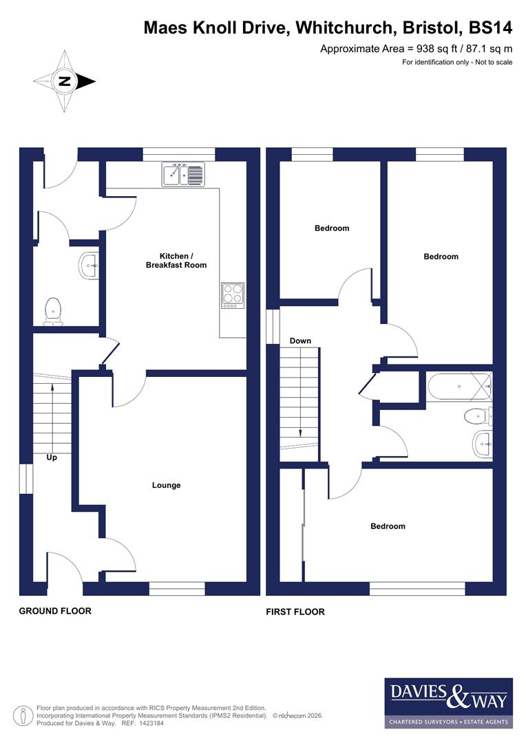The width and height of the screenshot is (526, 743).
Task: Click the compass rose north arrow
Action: pos(65,81)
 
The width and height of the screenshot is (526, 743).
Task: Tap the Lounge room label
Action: pos(166,485)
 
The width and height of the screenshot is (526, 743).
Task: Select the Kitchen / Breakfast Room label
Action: pos(176,260)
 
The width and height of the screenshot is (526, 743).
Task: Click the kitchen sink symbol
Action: pos(183,174)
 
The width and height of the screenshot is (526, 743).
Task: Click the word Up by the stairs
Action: pos(52,457)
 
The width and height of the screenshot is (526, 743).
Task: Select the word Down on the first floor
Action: pos(300,341)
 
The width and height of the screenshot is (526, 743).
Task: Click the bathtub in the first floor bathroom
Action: pos(459,387)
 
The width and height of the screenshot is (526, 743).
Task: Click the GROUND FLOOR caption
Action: pos(55,611)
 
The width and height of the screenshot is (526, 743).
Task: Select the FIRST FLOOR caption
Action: pos(295,612)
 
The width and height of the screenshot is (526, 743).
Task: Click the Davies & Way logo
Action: pos(448,702)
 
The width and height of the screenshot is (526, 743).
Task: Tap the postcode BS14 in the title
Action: pos(491,28)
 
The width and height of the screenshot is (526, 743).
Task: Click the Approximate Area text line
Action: pos(416,49)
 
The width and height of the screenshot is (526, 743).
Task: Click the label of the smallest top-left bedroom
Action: pos(332,228)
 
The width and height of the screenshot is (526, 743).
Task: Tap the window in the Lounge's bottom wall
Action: pos(177,588)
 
